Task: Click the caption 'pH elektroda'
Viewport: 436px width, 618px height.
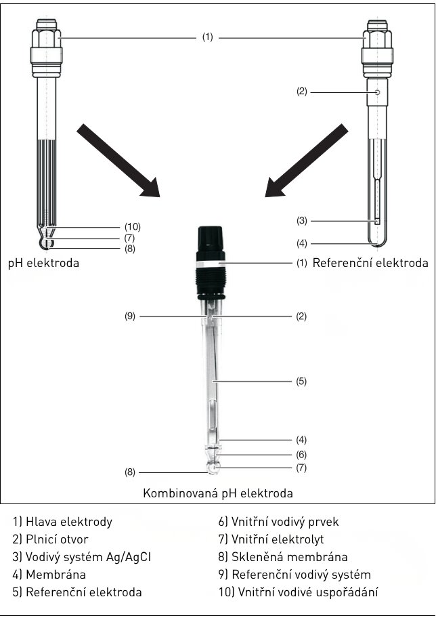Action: pyautogui.click(x=44, y=263)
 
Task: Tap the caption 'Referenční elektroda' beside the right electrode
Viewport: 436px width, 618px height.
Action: pyautogui.click(x=370, y=263)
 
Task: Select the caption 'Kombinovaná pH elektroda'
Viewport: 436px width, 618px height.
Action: pyautogui.click(x=218, y=493)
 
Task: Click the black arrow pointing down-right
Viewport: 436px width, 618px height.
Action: pyautogui.click(x=118, y=160)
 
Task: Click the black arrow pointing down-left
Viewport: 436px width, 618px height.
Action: pyautogui.click(x=307, y=160)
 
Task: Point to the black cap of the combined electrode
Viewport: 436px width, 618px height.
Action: pyautogui.click(x=211, y=243)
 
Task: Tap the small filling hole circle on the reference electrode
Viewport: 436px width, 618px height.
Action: pyautogui.click(x=377, y=93)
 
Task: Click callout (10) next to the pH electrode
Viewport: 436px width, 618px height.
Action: pyautogui.click(x=133, y=226)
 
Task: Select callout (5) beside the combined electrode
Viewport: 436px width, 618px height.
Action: pyautogui.click(x=301, y=381)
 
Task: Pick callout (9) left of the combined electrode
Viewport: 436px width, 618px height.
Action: pyautogui.click(x=130, y=316)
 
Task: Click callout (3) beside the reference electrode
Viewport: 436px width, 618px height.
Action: pyautogui.click(x=302, y=221)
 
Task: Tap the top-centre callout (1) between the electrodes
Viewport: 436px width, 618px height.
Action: pyautogui.click(x=208, y=37)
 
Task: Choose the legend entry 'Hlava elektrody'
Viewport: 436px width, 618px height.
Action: pyautogui.click(x=62, y=522)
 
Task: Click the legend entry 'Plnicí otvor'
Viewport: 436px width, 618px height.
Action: pyautogui.click(x=50, y=539)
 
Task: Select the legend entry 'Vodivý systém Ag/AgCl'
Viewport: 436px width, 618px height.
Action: pyautogui.click(x=81, y=557)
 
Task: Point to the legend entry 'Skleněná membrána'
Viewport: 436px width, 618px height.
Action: pyautogui.click(x=283, y=557)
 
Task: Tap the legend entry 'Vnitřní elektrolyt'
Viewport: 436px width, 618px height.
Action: pyautogui.click(x=271, y=539)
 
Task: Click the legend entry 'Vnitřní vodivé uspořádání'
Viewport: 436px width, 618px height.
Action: pyautogui.click(x=299, y=592)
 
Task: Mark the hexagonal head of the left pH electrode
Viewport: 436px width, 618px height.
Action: pyautogui.click(x=47, y=38)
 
